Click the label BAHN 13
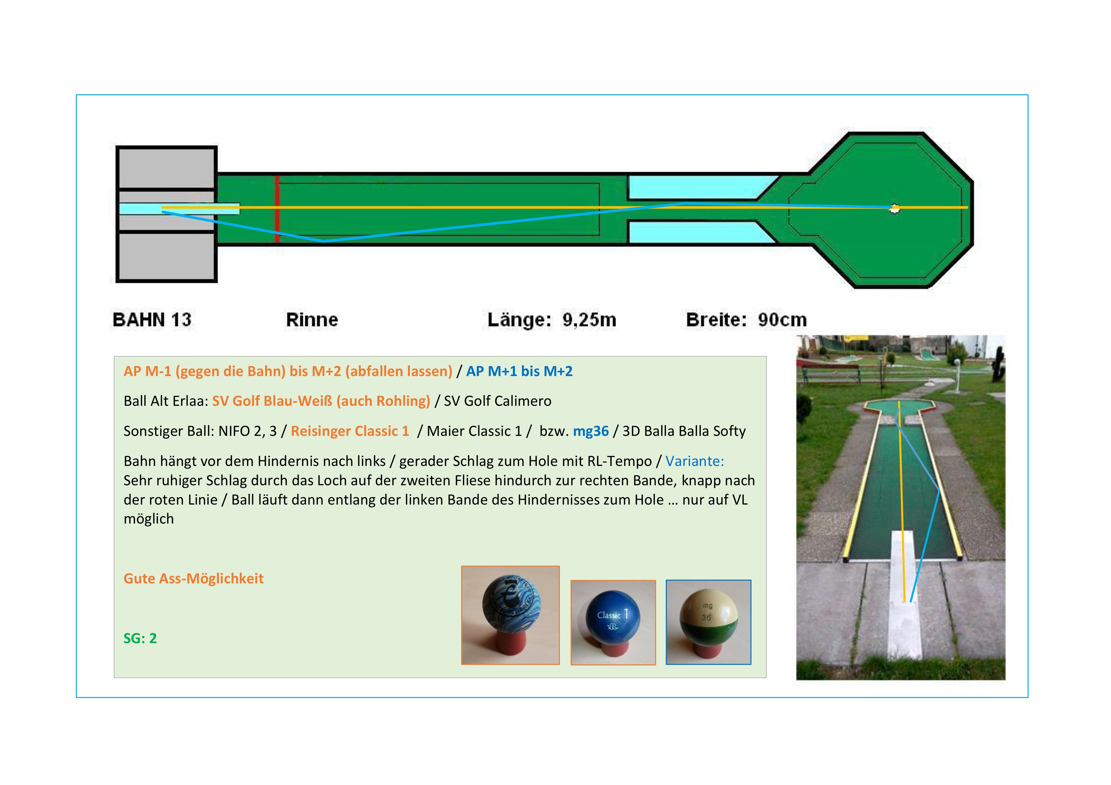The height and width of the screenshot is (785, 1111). (152, 320)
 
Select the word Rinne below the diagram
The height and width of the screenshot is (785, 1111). (312, 320)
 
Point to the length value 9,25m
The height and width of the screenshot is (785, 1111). (589, 320)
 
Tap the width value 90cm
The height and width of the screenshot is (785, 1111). (783, 320)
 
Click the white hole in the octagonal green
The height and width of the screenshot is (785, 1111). (895, 209)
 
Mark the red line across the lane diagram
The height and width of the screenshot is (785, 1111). (277, 209)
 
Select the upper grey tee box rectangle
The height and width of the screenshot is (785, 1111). (167, 168)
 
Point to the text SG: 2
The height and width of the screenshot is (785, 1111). (140, 638)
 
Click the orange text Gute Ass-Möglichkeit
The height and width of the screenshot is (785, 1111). (194, 579)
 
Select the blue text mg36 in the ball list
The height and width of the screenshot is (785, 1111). (591, 431)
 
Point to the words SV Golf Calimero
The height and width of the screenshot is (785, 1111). (498, 401)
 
